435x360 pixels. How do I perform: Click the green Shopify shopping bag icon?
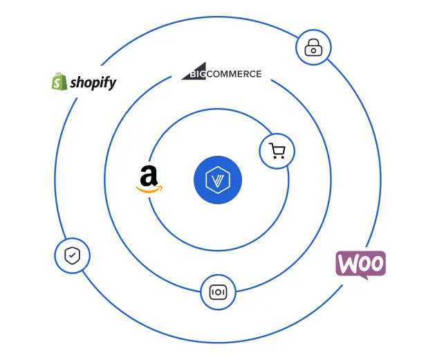tap(59, 82)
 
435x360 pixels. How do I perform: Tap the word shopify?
tap(93, 84)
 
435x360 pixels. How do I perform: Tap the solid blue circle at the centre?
tap(218, 181)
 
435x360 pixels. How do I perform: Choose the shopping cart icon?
tap(277, 151)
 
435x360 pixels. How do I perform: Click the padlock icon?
tap(313, 48)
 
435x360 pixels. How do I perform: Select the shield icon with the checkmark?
tap(72, 256)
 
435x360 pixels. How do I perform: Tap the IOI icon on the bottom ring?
tap(218, 291)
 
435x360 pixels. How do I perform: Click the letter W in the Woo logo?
tap(349, 264)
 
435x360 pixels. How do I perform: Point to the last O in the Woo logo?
tap(376, 264)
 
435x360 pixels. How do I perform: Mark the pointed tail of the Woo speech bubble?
tap(364, 278)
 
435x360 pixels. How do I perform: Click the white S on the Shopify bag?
tap(59, 84)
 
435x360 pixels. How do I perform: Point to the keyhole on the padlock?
tap(313, 50)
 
